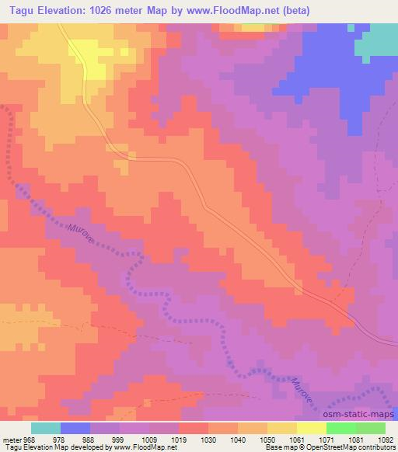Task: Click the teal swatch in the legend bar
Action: click(46, 428)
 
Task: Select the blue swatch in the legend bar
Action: click(75, 428)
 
